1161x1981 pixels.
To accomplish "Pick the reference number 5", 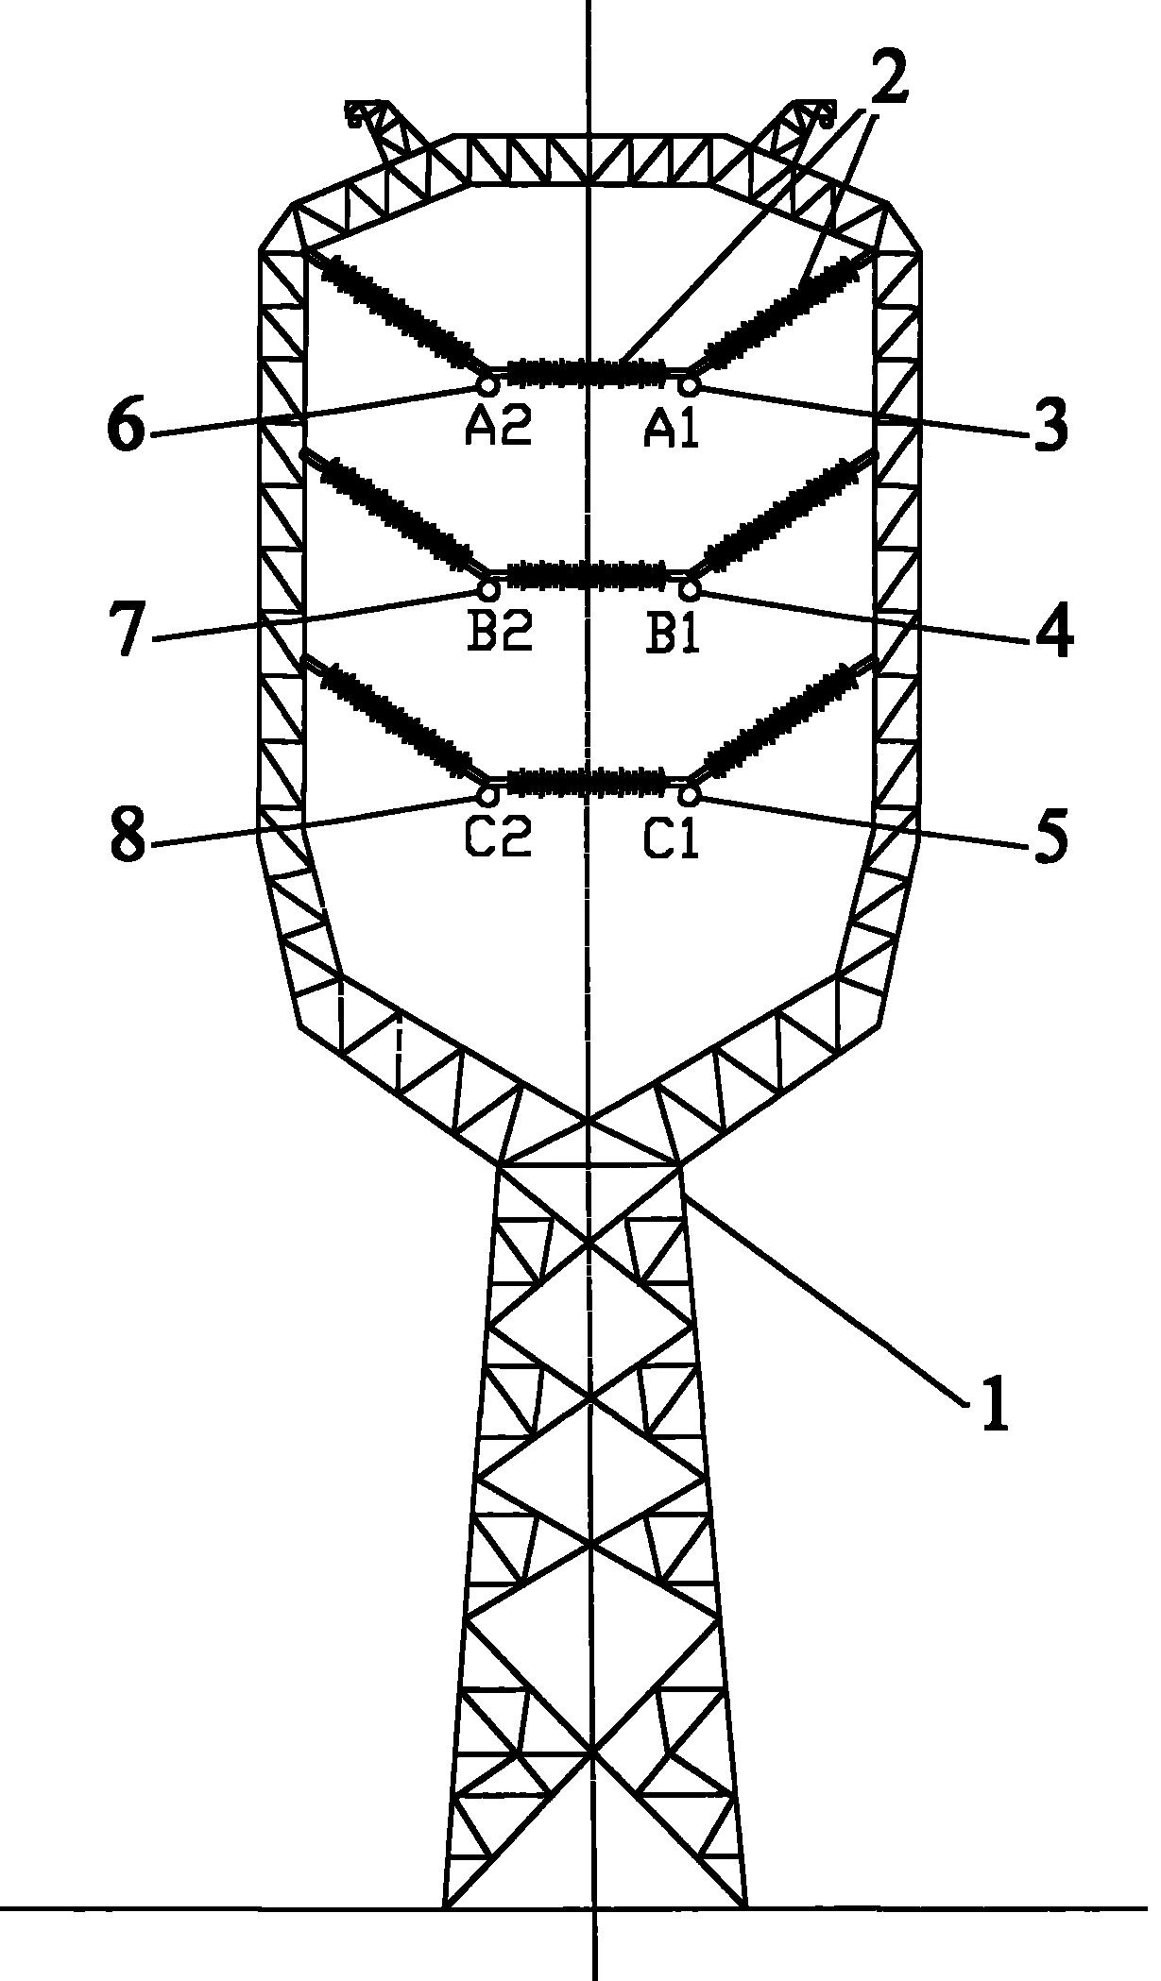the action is pos(1050,835).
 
